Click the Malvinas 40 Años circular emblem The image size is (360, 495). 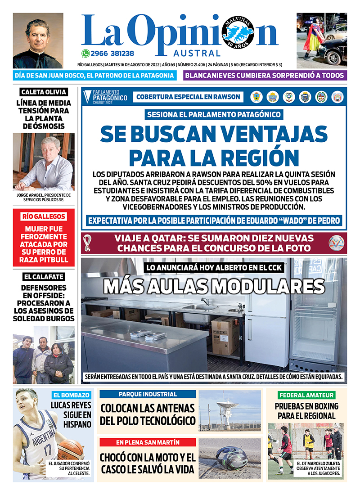tap(238, 33)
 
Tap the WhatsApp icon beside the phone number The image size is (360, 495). tap(85, 53)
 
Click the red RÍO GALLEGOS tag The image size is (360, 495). tap(44, 216)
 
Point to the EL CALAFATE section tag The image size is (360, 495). tap(44, 277)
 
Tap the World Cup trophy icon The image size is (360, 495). tap(87, 243)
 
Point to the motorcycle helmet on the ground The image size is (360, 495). tap(231, 458)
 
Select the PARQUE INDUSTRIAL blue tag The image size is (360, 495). tap(148, 394)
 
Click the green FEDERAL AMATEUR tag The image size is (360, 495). tap(306, 395)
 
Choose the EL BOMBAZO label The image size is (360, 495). tap(72, 396)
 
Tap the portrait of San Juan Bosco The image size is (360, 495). tap(38, 40)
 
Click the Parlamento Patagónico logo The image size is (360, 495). tap(106, 96)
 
